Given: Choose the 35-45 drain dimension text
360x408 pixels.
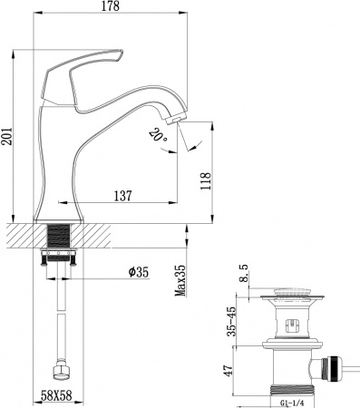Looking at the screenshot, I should (x=234, y=318).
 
